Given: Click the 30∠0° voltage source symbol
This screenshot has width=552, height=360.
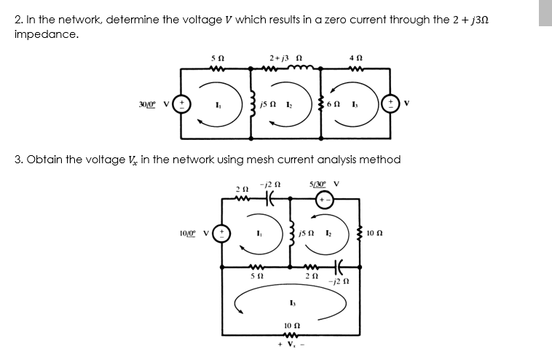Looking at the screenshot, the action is [x=181, y=104].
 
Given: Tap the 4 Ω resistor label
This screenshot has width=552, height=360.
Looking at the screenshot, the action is [x=356, y=58].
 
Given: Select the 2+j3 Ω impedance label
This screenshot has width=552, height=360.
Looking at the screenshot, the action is [x=285, y=58].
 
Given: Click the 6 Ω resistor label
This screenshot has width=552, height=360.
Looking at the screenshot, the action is [x=333, y=104].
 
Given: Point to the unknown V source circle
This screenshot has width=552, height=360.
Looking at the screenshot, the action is [x=390, y=104].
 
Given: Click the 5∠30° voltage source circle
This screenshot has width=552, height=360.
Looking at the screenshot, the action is [x=325, y=200].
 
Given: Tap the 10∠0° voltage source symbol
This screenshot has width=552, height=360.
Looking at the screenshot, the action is [x=222, y=234].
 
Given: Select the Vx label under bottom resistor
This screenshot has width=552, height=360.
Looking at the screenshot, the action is [x=291, y=345].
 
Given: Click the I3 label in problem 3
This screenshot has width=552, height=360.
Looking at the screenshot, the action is [x=292, y=303].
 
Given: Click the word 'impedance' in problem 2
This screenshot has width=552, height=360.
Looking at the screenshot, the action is [x=47, y=34].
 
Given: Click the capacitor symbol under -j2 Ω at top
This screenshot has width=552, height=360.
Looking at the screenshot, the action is [x=270, y=200].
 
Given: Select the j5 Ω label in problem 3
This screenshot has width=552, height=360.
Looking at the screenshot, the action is [x=307, y=233].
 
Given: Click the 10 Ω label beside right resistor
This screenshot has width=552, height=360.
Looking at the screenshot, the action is [x=374, y=233].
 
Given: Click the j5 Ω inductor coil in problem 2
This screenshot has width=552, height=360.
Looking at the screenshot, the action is [x=251, y=104].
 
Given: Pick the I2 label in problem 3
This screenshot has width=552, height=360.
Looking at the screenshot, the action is [x=328, y=233].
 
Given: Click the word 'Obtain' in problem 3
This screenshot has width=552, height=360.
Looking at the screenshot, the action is [x=44, y=160].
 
